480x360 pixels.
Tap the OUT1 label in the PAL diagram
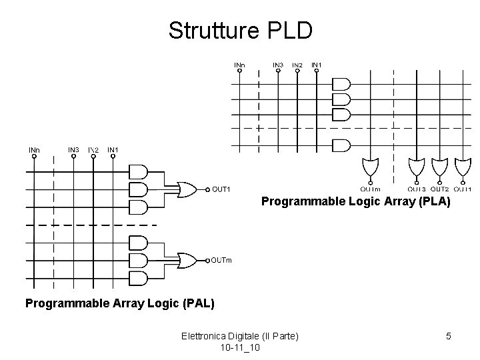click(x=221, y=189)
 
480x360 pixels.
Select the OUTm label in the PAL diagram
click(x=221, y=259)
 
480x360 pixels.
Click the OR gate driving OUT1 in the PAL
click(x=187, y=190)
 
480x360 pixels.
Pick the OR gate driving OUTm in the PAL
click(x=187, y=260)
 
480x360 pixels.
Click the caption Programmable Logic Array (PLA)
click(x=356, y=200)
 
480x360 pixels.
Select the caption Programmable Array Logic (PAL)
click(x=120, y=303)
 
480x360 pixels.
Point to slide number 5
click(x=449, y=336)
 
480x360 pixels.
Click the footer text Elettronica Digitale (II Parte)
click(x=240, y=336)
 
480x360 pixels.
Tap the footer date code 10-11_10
click(x=240, y=348)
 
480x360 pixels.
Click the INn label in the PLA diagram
click(x=239, y=65)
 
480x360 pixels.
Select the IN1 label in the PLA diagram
click(x=317, y=65)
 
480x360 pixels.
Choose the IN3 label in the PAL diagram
click(x=74, y=149)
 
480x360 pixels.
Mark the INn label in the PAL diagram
click(x=34, y=150)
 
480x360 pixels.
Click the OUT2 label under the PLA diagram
click(x=439, y=189)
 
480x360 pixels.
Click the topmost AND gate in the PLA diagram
click(x=341, y=84)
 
